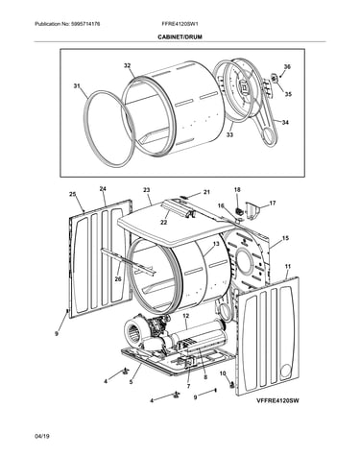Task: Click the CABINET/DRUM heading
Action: pos(180,37)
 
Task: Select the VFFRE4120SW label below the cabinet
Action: pos(277,400)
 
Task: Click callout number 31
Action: pos(77,85)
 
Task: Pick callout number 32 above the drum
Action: pos(128,65)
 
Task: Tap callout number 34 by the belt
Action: pos(285,122)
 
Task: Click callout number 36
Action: pos(287,66)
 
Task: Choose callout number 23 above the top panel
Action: pos(146,190)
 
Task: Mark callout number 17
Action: pos(273,203)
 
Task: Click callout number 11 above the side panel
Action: pos(288,266)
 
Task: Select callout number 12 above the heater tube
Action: pos(186,316)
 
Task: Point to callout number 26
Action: pos(118,279)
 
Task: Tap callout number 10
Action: pos(223,373)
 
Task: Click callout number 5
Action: pos(131,381)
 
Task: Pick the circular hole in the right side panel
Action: pos(286,372)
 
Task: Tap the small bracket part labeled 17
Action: pos(252,209)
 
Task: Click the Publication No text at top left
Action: pos(67,24)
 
